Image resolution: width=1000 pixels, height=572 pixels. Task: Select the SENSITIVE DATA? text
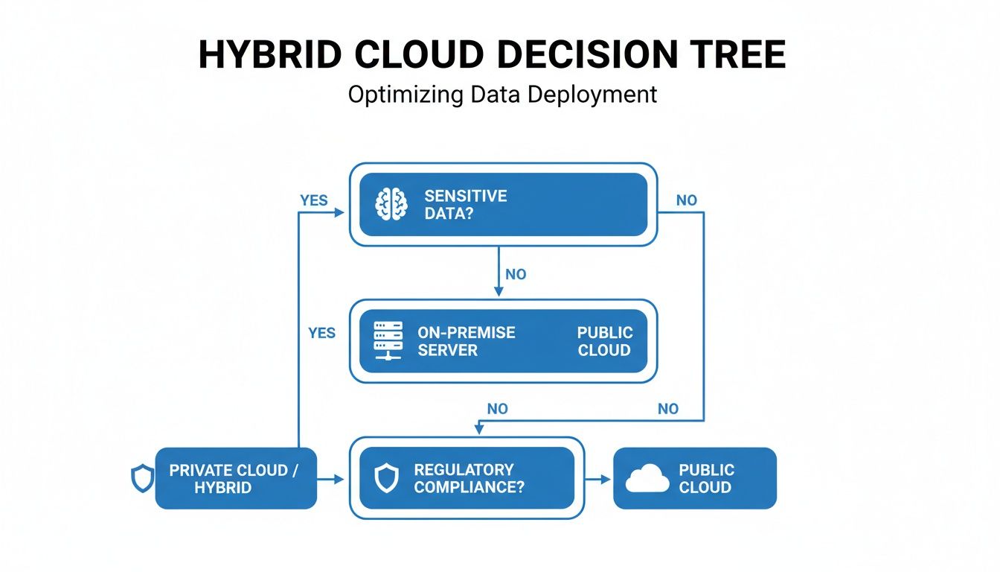465,205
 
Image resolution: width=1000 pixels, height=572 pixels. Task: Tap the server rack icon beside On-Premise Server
388,341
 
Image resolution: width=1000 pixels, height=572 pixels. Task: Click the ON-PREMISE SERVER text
466,341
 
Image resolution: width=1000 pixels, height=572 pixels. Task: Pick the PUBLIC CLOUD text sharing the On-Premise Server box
604,341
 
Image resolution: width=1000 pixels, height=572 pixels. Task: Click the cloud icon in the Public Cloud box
647,479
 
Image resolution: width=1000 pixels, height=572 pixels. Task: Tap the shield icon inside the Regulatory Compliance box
386,479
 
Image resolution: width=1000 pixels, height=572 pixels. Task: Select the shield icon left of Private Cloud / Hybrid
142,478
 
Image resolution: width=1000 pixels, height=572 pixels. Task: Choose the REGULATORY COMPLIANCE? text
468,479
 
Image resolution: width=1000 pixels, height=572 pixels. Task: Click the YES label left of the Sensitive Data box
313,200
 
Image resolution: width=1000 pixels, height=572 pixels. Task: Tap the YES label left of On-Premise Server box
321,333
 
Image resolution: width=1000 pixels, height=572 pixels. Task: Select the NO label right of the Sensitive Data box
686,200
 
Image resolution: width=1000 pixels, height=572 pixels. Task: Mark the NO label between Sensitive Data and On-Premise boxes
515,274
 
